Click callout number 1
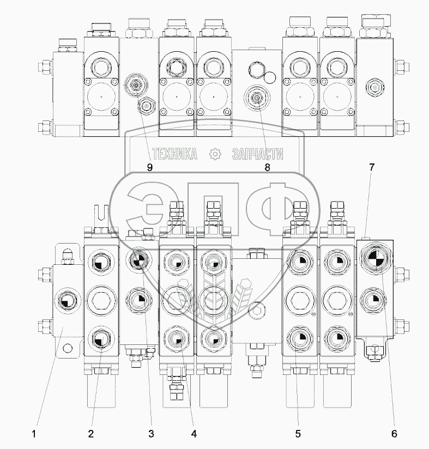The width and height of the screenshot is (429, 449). (34, 434)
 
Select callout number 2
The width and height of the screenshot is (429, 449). (91, 434)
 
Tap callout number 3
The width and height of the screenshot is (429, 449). (151, 434)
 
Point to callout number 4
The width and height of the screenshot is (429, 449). (194, 434)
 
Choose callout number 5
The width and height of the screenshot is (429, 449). (298, 434)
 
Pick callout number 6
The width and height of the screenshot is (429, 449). (394, 434)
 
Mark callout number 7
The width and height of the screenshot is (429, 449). (371, 167)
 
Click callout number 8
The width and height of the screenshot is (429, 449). (267, 167)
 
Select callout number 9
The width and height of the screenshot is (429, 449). (149, 167)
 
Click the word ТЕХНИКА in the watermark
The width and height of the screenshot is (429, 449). (174, 154)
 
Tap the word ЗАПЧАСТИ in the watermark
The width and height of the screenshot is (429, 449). (258, 154)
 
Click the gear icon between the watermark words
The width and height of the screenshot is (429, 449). (215, 154)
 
